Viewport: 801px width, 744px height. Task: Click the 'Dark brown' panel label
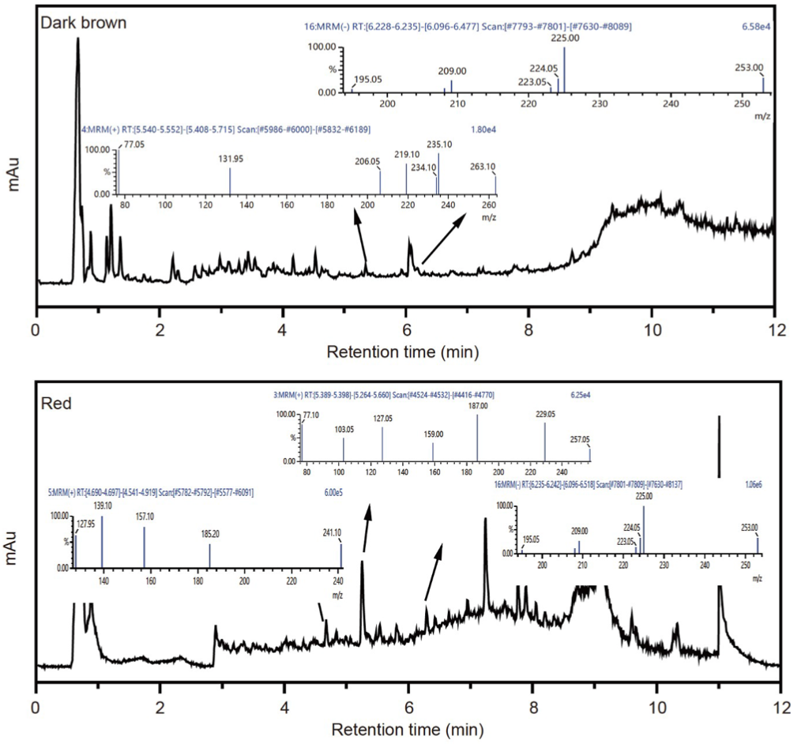[x=84, y=23]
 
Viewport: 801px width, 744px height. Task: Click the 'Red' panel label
[x=56, y=404]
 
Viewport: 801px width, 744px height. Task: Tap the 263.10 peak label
[x=483, y=167]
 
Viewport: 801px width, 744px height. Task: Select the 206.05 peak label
[x=368, y=161]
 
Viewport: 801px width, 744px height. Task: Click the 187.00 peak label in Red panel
[x=478, y=406]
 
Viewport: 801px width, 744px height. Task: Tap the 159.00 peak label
[x=434, y=434]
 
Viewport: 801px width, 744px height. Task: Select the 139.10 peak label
[x=103, y=505]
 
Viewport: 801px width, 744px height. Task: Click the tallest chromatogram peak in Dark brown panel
[x=77, y=39]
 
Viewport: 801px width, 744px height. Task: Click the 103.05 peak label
[x=344, y=430]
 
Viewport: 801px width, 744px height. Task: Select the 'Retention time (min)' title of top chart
[x=402, y=349]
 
